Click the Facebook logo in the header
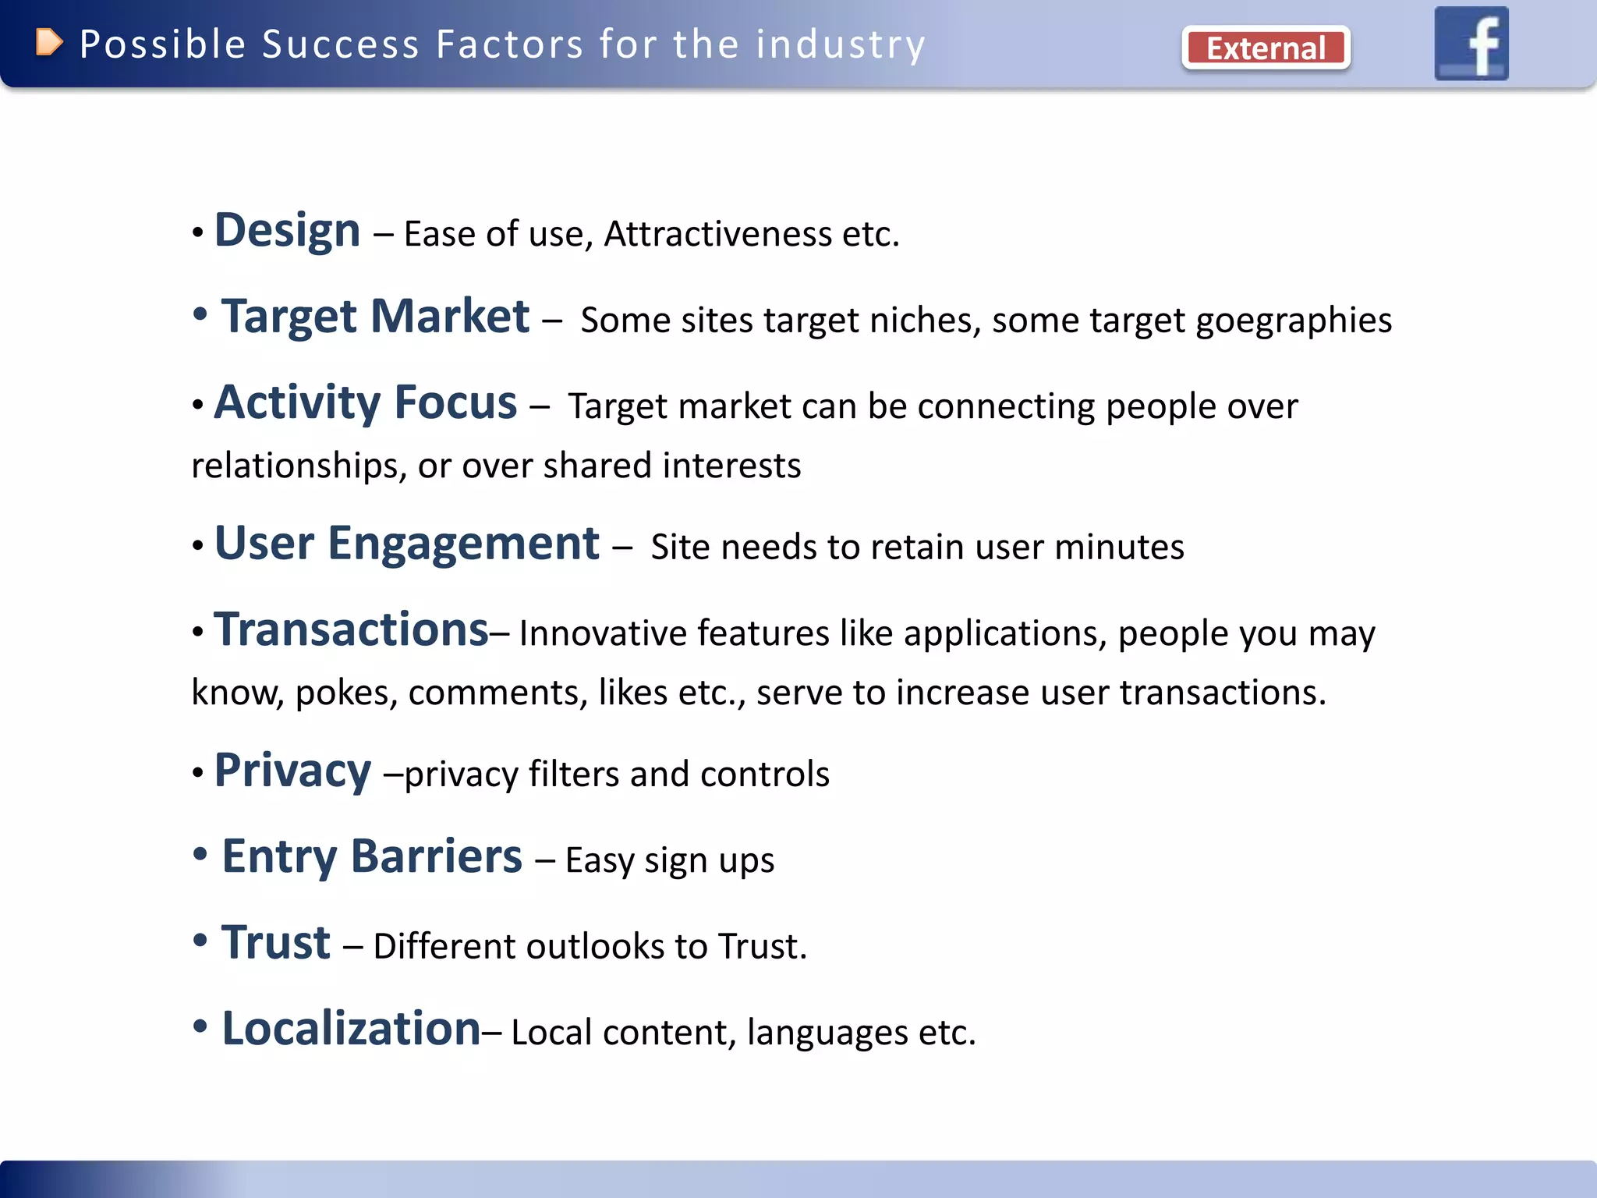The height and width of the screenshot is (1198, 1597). tap(1471, 44)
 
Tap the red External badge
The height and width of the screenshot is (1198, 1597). tap(1266, 48)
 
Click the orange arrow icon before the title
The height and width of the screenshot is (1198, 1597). tap(48, 43)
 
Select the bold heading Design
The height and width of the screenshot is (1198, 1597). tap(287, 231)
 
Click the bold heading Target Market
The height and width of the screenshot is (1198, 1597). tap(375, 317)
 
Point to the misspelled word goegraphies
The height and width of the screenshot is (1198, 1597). tap(1294, 321)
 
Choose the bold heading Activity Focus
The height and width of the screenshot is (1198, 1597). tap(365, 402)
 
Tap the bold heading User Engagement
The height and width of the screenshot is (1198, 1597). tap(406, 544)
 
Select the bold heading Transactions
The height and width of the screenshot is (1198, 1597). tap(351, 629)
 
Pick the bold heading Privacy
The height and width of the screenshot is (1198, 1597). tap(292, 771)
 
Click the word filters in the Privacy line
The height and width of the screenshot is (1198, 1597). tap(574, 774)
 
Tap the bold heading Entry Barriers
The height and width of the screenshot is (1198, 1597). tap(372, 856)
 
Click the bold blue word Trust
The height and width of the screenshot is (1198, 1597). tap(276, 942)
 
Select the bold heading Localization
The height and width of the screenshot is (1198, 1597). tap(351, 1028)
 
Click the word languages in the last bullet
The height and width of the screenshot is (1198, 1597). tap(827, 1033)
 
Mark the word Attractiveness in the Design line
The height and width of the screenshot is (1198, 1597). tap(717, 234)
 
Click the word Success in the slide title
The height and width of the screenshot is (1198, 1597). tap(341, 44)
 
